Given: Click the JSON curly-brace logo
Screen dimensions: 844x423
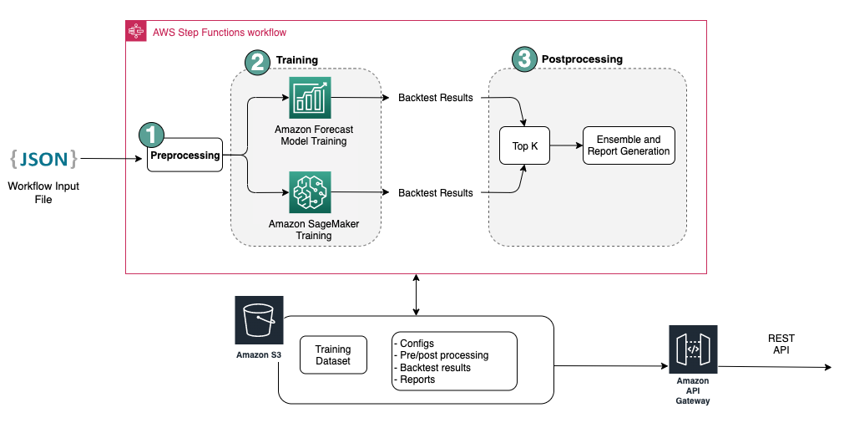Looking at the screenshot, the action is [x=43, y=159].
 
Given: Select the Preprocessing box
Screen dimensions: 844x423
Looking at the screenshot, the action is [x=184, y=155].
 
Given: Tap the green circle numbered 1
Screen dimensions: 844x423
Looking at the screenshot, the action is [x=151, y=135].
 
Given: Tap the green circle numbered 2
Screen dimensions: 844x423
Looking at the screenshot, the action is [x=257, y=62].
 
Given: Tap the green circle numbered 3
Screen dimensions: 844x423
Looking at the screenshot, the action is [x=524, y=59].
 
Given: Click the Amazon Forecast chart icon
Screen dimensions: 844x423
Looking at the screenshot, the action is [x=310, y=98].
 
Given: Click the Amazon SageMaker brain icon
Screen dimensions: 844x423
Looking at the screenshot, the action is [x=310, y=192].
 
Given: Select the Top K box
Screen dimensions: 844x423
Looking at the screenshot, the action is [x=525, y=145].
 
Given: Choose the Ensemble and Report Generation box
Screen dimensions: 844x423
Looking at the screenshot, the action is [x=629, y=145].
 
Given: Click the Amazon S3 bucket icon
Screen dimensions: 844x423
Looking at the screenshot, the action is [x=259, y=320].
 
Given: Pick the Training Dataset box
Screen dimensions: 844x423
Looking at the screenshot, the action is [x=333, y=355].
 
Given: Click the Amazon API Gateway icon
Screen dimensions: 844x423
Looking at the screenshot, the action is [x=693, y=349].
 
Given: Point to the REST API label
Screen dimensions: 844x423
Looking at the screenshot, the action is [x=781, y=344].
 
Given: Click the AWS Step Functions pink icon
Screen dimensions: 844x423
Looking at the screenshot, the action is [x=136, y=31].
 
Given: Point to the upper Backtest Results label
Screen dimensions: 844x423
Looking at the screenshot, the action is [x=436, y=98].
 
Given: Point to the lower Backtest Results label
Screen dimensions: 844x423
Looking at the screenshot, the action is [x=436, y=193].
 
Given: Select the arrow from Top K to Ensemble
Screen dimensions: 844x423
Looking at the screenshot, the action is [x=566, y=145].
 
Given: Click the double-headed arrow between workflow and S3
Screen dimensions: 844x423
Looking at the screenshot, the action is [x=416, y=295].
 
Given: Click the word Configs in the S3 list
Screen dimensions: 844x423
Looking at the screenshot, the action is [x=417, y=344].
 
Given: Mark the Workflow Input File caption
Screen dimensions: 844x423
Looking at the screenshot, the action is [x=43, y=192].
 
